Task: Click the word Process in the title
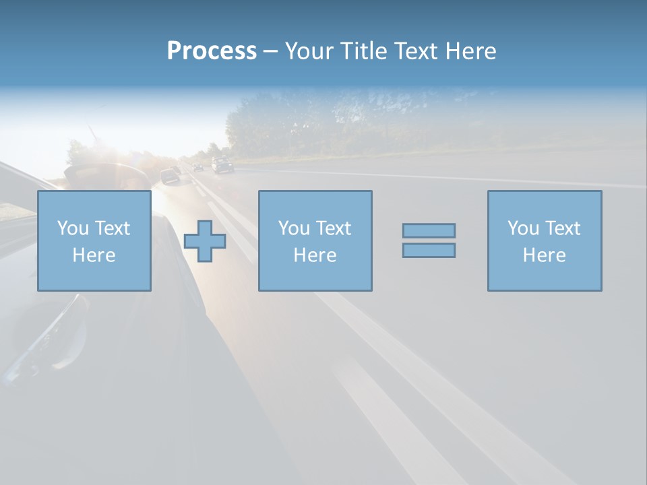[x=212, y=51]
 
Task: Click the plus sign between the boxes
[x=205, y=241]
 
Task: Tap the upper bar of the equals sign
[x=429, y=230]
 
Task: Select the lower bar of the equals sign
[x=429, y=250]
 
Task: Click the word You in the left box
[x=73, y=228]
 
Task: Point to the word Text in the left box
[x=113, y=228]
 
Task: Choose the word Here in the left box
[x=94, y=255]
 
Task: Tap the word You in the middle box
[x=294, y=228]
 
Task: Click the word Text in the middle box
[x=334, y=228]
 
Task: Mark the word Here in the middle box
[x=315, y=255]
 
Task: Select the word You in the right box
[x=523, y=228]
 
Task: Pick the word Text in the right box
[x=563, y=228]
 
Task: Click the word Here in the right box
[x=544, y=255]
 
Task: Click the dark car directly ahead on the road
[x=170, y=176]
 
